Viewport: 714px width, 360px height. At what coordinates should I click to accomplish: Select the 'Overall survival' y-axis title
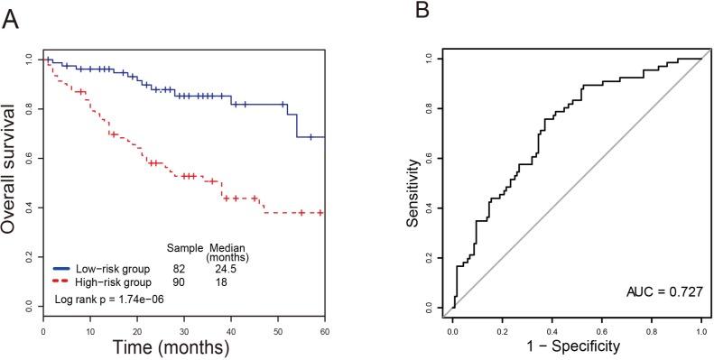coord(11,167)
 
